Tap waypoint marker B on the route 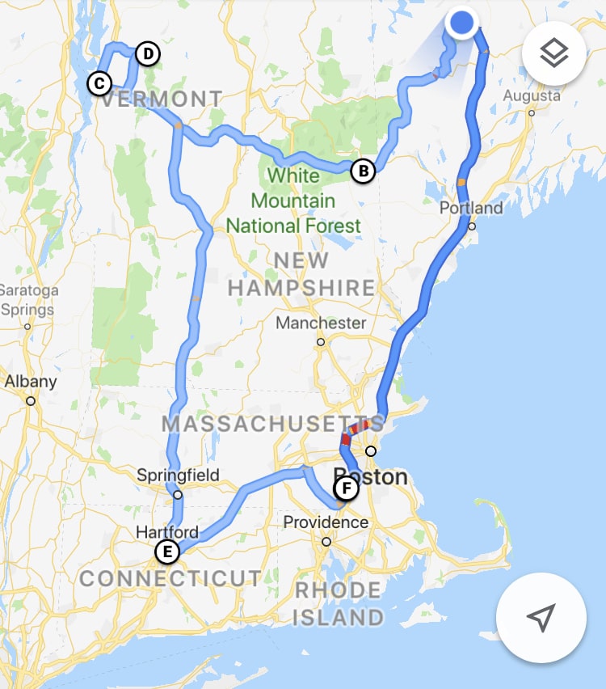click(364, 171)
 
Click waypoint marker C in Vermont click(99, 82)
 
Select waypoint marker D click(146, 54)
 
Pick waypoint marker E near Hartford click(166, 552)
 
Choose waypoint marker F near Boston click(346, 488)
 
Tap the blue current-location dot click(461, 23)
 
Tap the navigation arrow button click(541, 618)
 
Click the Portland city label click(471, 208)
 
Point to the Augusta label click(531, 96)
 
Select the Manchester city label click(321, 323)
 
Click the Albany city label click(31, 382)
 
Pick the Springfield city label click(178, 475)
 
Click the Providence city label click(326, 522)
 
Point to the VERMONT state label click(162, 99)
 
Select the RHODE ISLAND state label click(339, 603)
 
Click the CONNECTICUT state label click(170, 578)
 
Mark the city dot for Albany click(31, 400)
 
